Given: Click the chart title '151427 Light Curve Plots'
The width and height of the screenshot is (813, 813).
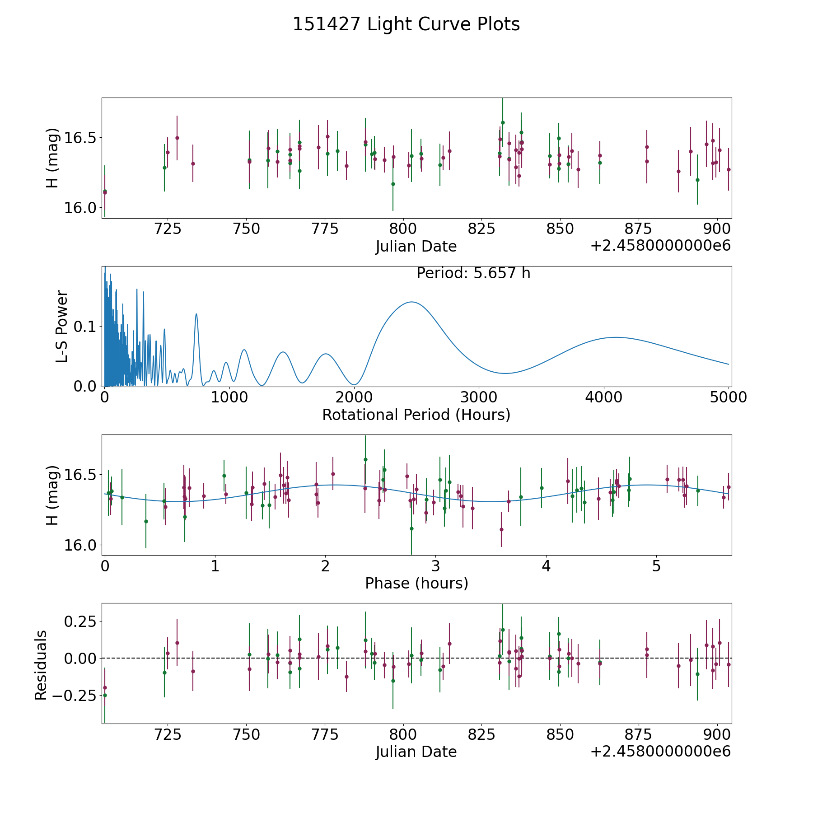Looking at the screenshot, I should point(406,24).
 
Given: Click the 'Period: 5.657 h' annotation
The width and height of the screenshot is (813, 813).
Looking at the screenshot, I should point(473,273).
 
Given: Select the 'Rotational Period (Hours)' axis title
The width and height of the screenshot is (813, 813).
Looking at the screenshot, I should point(416,415).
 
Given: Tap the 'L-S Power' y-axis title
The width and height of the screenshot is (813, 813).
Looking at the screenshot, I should point(62,327).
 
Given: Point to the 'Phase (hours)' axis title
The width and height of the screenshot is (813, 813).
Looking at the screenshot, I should point(416,583).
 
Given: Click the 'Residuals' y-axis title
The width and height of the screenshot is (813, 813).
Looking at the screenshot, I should point(41,665).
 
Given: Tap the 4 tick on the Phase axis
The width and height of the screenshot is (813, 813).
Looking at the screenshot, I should point(546,566).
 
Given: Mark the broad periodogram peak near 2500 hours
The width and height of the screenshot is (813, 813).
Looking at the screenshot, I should point(411,302).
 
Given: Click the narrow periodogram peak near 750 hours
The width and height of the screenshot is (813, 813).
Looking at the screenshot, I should point(196,314).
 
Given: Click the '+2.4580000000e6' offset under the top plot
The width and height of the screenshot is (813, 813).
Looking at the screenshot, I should point(660,246).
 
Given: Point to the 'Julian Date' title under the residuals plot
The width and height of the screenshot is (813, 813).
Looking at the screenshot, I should point(416,752).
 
